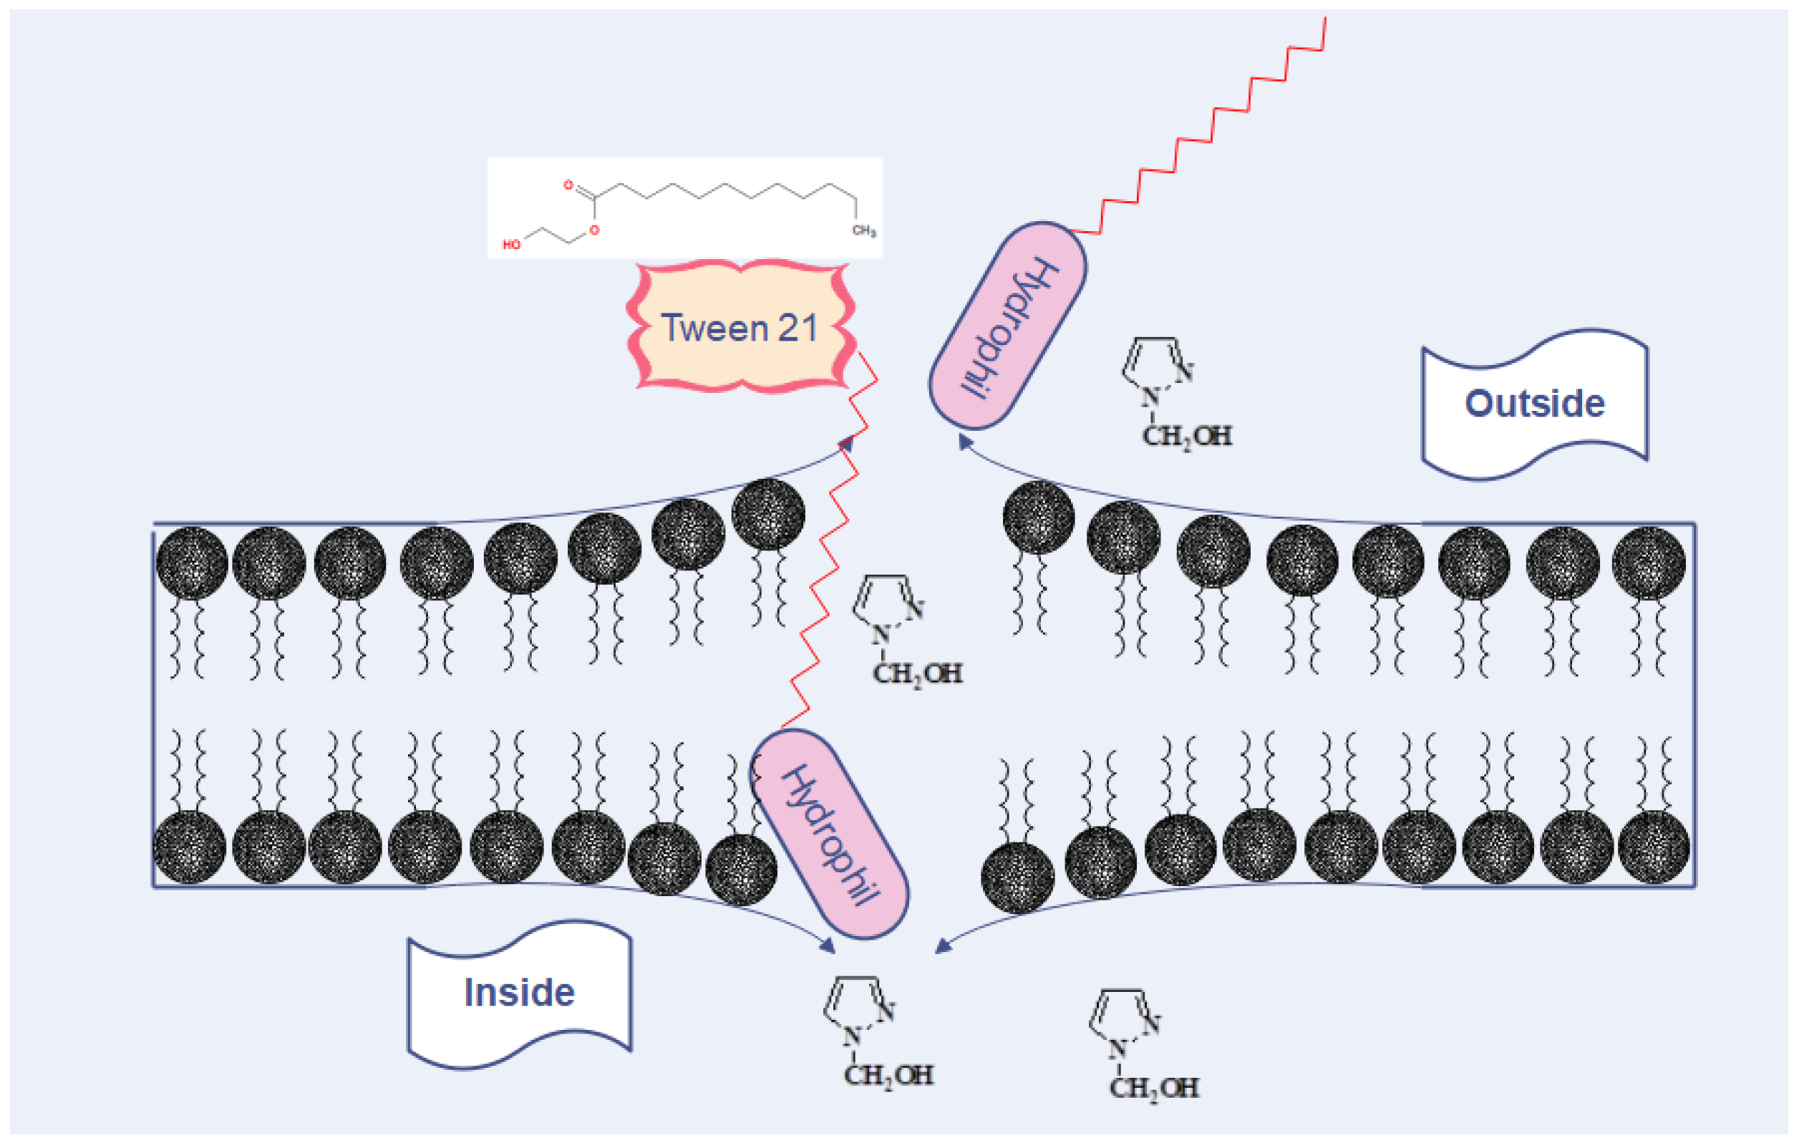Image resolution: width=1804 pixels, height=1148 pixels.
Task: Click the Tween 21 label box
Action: (x=740, y=327)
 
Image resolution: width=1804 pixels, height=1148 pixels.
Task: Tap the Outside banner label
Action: (x=1534, y=404)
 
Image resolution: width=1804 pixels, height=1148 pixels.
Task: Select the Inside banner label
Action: (x=519, y=993)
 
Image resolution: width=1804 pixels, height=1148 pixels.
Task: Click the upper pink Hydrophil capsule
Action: (x=1008, y=326)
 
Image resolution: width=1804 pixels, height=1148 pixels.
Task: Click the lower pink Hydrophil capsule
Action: (x=829, y=835)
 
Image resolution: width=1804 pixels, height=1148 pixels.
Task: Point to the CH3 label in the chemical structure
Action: (x=863, y=230)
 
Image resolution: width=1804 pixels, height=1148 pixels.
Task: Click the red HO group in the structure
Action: (x=511, y=245)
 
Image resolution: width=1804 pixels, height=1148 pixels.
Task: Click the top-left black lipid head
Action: (x=192, y=563)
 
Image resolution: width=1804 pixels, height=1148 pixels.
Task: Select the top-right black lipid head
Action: (x=1648, y=563)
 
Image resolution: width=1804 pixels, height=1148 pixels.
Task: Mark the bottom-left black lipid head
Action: (x=190, y=847)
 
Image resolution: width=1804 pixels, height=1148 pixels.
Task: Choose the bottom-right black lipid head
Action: (x=1653, y=847)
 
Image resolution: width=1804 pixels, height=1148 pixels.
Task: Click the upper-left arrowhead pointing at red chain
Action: (x=847, y=444)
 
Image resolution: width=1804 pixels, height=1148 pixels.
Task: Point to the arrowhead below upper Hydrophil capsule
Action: (x=965, y=442)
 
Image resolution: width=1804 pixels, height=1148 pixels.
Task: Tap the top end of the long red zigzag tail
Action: (x=1324, y=19)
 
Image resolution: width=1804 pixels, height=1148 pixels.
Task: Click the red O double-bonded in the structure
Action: (x=568, y=184)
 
